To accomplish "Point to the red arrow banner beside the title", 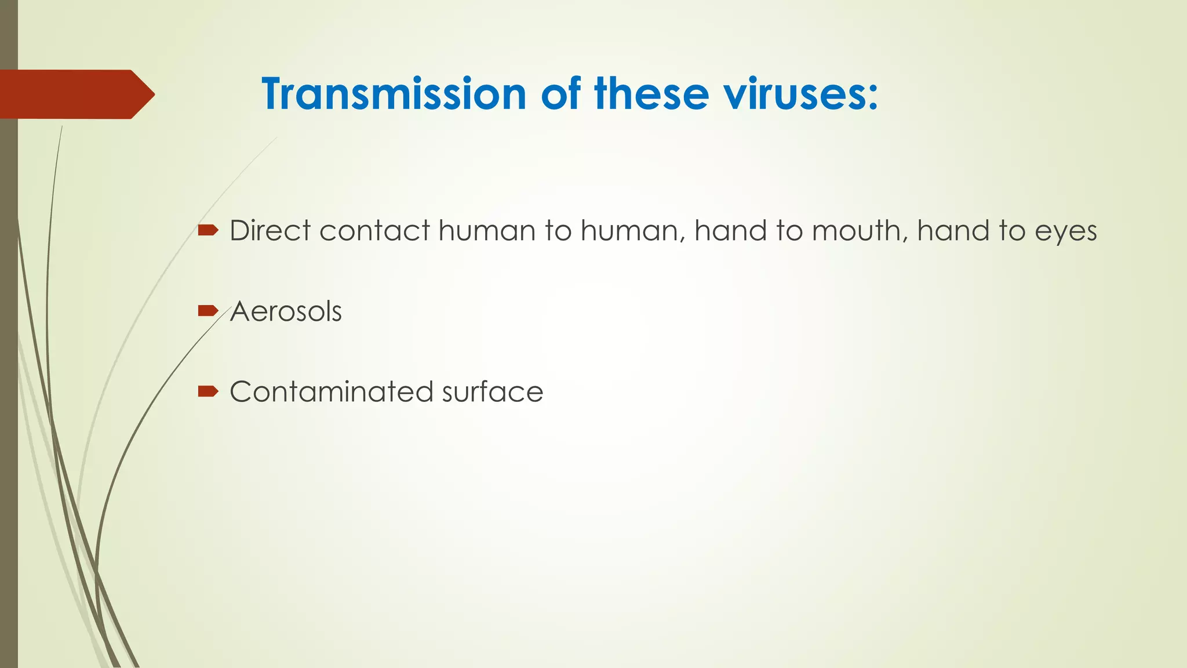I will click(x=75, y=94).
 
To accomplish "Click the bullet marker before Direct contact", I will click(x=207, y=231).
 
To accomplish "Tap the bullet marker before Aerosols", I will click(x=207, y=311).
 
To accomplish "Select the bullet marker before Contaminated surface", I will click(x=207, y=392).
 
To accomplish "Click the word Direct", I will click(x=270, y=231).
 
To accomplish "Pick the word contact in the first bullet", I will click(x=374, y=231).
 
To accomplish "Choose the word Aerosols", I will click(x=286, y=311).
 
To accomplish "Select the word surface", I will click(x=492, y=392).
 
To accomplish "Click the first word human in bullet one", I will click(x=487, y=231).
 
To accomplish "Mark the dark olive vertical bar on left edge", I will click(x=9, y=406).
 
